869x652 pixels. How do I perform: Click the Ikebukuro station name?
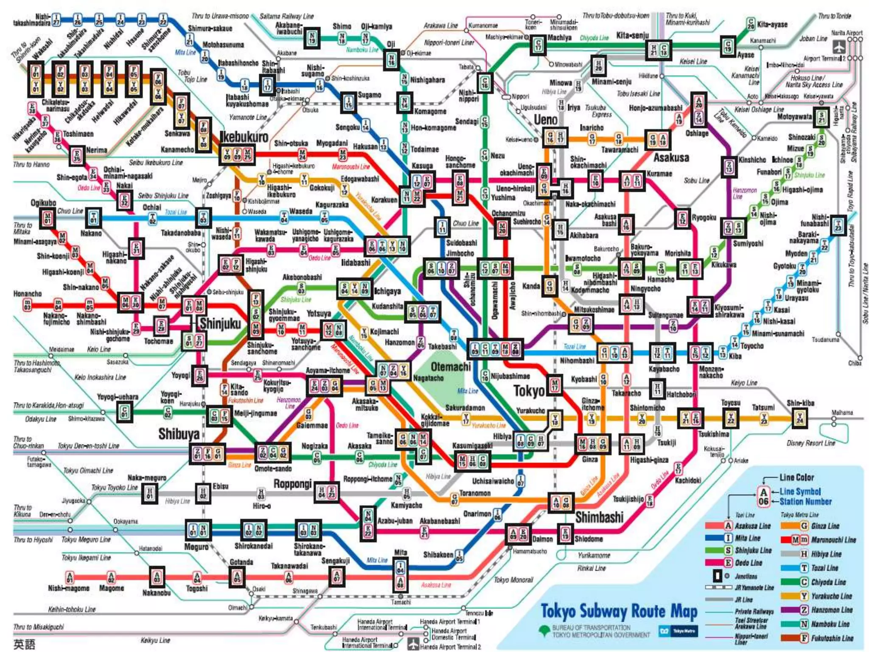(x=244, y=137)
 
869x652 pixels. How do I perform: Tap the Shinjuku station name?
(x=220, y=323)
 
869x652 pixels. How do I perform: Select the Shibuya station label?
(x=179, y=434)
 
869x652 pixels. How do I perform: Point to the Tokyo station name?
(x=528, y=391)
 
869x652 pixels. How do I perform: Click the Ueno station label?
(x=545, y=120)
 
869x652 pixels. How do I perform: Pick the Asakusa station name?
(x=671, y=157)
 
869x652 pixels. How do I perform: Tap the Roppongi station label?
(x=292, y=484)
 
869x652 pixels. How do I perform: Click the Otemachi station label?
(x=450, y=366)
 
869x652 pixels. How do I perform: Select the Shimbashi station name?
(x=599, y=517)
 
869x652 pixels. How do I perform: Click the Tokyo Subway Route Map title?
(x=619, y=612)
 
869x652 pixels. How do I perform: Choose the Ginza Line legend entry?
(x=825, y=526)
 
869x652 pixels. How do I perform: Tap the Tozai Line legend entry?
(x=824, y=568)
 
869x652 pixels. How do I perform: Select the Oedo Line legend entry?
(x=748, y=563)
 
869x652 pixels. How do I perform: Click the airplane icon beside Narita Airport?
(x=838, y=47)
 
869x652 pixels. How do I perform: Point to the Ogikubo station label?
(x=43, y=202)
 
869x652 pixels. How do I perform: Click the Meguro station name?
(x=196, y=547)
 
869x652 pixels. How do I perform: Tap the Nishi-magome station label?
(x=68, y=588)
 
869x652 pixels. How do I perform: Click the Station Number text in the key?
(x=805, y=501)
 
